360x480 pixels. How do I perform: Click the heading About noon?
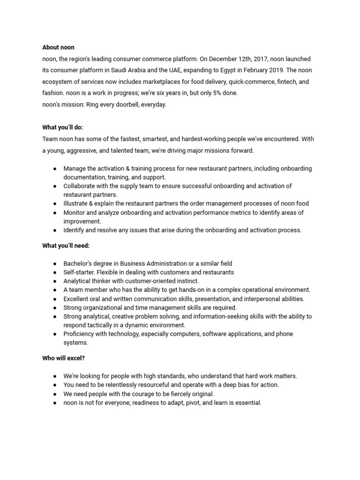(x=58, y=47)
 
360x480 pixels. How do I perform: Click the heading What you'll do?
(x=63, y=127)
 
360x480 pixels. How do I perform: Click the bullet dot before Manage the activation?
(x=55, y=168)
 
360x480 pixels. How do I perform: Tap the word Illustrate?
(x=77, y=203)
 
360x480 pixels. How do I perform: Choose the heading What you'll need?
(x=66, y=246)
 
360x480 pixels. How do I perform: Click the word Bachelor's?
(x=79, y=263)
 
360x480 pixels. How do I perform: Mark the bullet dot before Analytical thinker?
(x=55, y=281)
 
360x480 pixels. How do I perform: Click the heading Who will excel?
(x=64, y=358)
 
